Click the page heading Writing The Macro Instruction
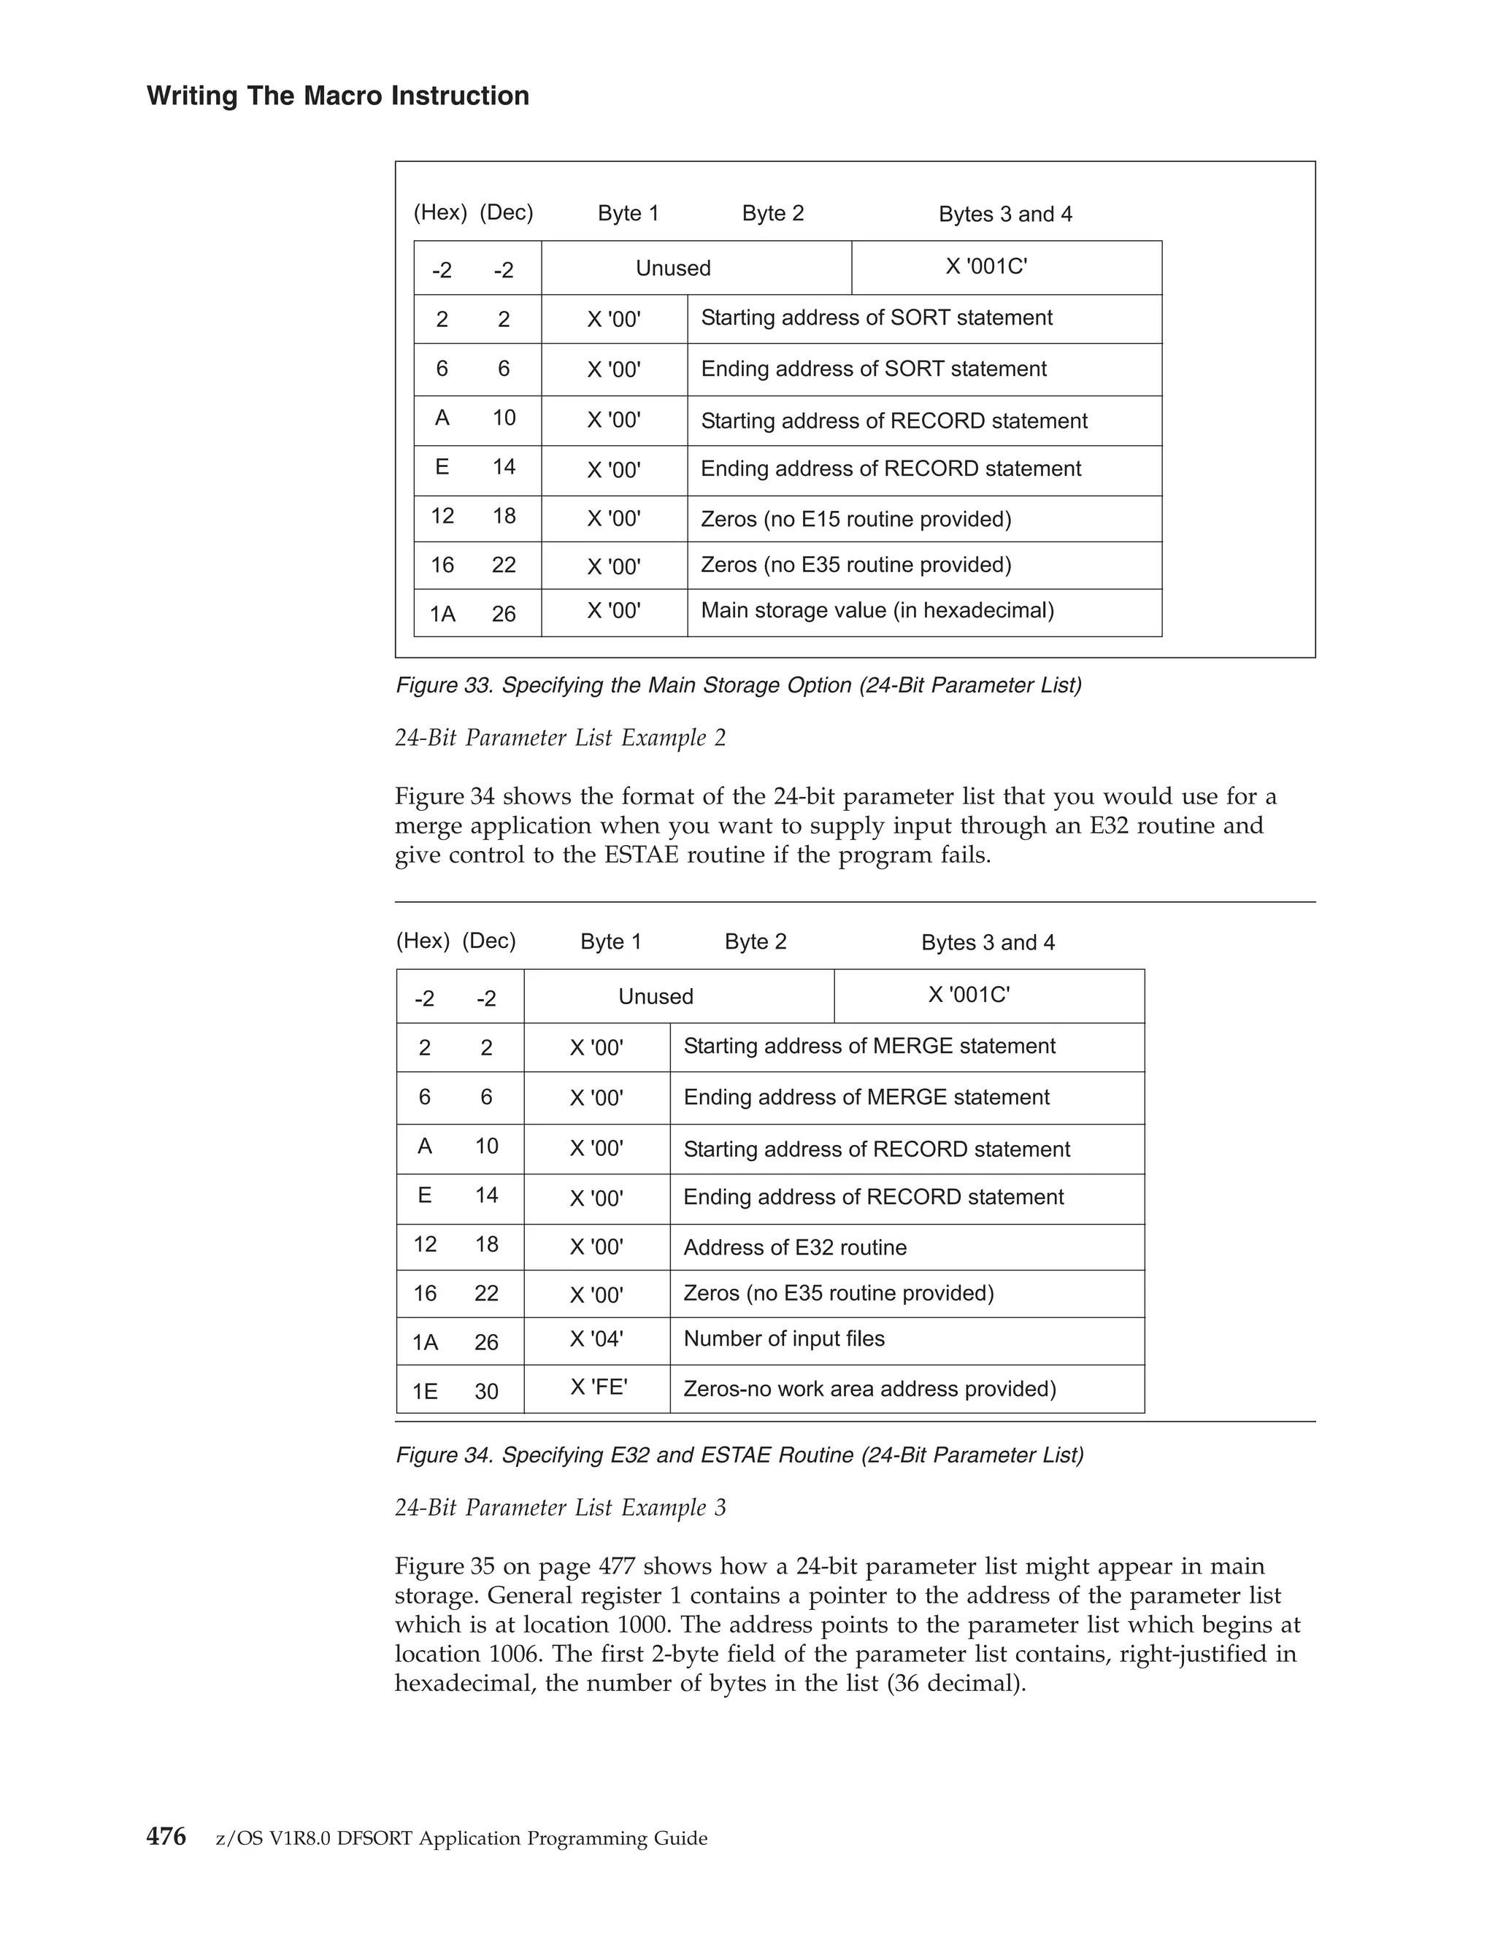coord(337,96)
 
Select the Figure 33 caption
coord(738,685)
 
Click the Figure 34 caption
coord(739,1455)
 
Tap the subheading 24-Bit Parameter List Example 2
coord(560,738)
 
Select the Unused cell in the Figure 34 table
coord(656,996)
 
